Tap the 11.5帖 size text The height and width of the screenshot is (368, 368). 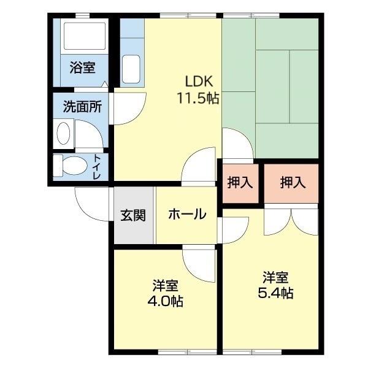(199, 98)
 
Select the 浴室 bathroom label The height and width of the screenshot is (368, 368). (82, 67)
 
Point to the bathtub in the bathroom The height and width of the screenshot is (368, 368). (85, 37)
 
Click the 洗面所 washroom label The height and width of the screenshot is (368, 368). (82, 106)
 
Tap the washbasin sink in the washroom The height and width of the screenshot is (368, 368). (63, 132)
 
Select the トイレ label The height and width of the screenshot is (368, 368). (97, 166)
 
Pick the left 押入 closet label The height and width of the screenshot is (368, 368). (240, 182)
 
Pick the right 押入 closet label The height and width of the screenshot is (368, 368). (293, 182)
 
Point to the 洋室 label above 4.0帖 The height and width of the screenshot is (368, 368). (166, 285)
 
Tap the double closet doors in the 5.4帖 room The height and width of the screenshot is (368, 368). (291, 222)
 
